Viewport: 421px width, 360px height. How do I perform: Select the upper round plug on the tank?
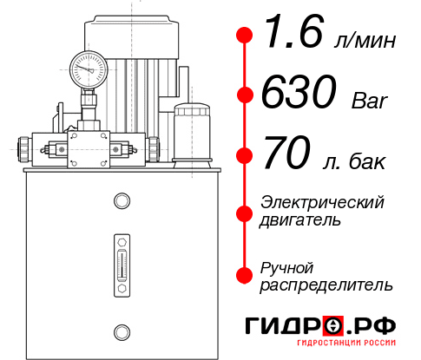coord(121,201)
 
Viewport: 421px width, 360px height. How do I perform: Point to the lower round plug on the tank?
coord(121,330)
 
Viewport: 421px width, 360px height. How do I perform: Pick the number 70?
coord(286,155)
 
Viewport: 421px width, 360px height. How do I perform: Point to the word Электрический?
coord(322,203)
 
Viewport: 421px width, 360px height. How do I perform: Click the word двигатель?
coord(300,220)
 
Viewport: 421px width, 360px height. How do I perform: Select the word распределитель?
coord(326,285)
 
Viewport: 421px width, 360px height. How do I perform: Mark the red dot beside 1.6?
coord(245,36)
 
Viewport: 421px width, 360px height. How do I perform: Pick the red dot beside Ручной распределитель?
coord(245,274)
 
